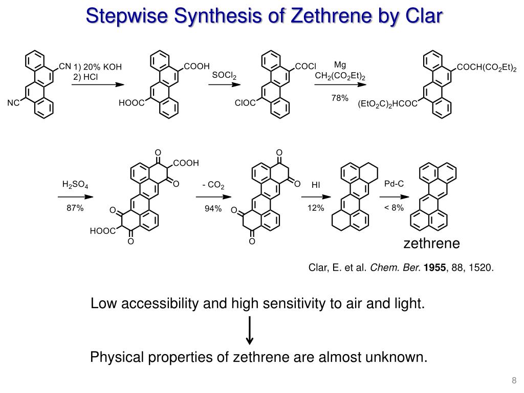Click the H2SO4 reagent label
click(x=75, y=184)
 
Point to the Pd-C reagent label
click(x=394, y=183)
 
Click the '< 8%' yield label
click(x=394, y=207)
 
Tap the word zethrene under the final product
click(x=432, y=244)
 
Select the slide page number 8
click(x=513, y=380)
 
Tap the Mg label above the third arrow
click(x=340, y=65)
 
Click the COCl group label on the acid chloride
click(x=307, y=67)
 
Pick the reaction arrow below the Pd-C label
click(x=394, y=196)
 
